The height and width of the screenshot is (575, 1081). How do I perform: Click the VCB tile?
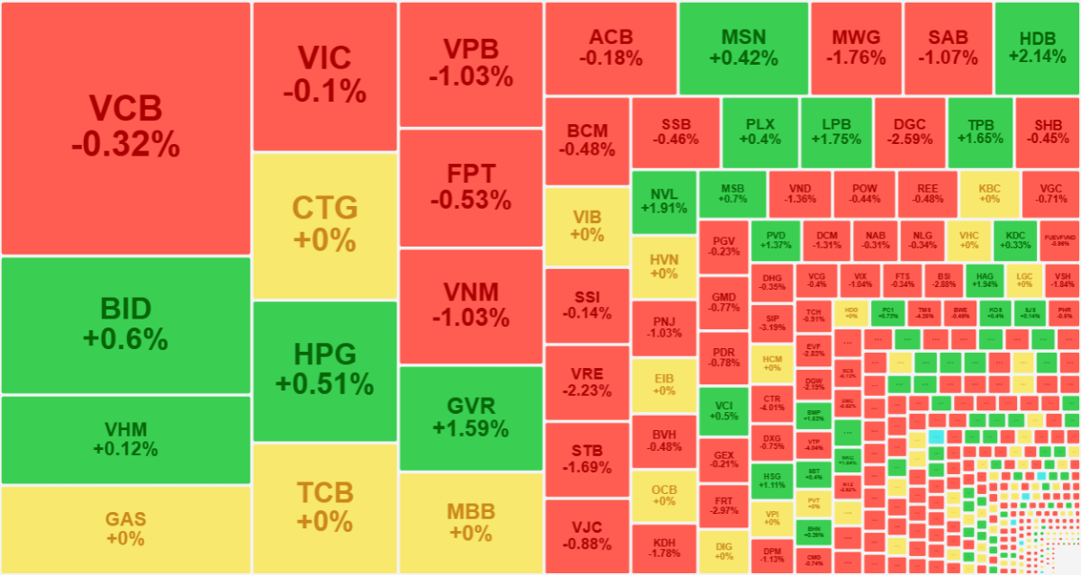pos(125,127)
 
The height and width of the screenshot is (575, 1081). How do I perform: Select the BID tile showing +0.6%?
pos(125,325)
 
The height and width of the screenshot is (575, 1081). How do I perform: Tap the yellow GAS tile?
pos(125,529)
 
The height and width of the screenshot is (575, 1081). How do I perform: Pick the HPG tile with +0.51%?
pos(324,369)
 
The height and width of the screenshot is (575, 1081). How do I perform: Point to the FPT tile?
pos(470,186)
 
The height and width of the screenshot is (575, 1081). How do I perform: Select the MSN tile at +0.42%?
pos(743,48)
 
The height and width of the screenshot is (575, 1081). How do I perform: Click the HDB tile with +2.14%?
pos(1037,48)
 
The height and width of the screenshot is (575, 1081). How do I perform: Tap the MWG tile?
pos(855,48)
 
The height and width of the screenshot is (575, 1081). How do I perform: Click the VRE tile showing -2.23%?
pos(586,382)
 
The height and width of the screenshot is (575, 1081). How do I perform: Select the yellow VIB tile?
pos(586,226)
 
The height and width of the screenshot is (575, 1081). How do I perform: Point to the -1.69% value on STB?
pos(586,468)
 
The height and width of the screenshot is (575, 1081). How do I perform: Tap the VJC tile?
pos(586,535)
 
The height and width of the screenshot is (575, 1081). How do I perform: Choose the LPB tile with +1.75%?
pos(835,131)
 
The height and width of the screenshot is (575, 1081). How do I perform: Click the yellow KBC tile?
pos(988,193)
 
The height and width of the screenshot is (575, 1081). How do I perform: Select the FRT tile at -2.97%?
pos(723,505)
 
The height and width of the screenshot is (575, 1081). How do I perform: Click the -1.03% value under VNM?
pos(470,318)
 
